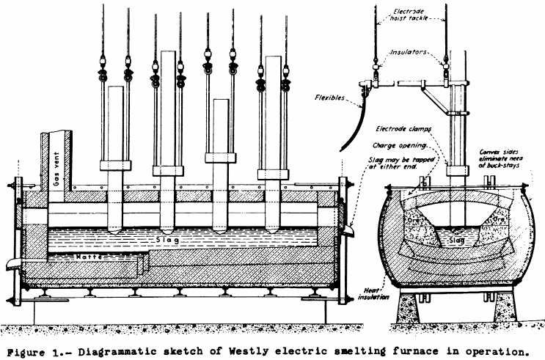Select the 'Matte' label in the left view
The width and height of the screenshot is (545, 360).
[88, 257]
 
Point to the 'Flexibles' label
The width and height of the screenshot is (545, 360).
[310, 96]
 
